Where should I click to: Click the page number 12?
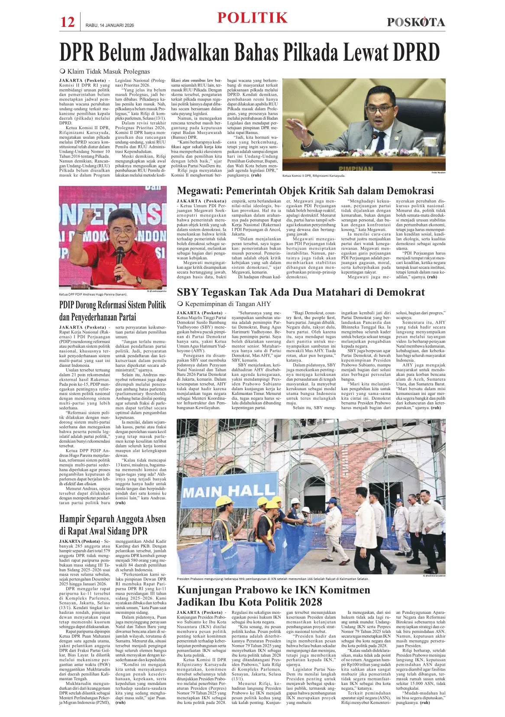[68, 22]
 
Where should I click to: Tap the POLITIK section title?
[252, 18]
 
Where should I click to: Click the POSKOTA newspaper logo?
[416, 22]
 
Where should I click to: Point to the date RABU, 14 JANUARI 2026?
[110, 25]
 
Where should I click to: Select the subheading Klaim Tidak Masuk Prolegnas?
[108, 72]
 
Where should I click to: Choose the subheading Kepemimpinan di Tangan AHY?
[227, 304]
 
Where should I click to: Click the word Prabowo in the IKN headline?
[258, 590]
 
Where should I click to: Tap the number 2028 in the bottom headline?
[307, 602]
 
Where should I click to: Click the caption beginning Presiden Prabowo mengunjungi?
[273, 579]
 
